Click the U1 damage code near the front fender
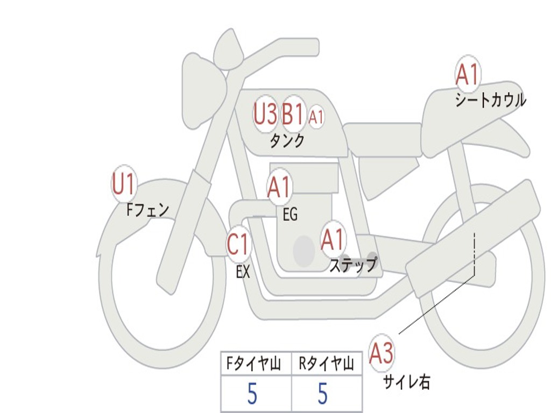coord(124,184)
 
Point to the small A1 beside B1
coord(316,117)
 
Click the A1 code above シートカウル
coord(467,75)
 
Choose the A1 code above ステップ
coord(333,240)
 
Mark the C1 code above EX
coord(238,245)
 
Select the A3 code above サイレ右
coord(382,353)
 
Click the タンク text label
coord(287,141)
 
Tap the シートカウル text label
coord(490,101)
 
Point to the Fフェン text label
coord(147,209)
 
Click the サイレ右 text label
coord(406,382)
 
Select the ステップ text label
coord(353,265)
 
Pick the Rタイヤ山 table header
coord(327,365)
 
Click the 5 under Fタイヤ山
coord(252,394)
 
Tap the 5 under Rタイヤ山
coord(322,394)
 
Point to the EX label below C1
coord(243,272)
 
